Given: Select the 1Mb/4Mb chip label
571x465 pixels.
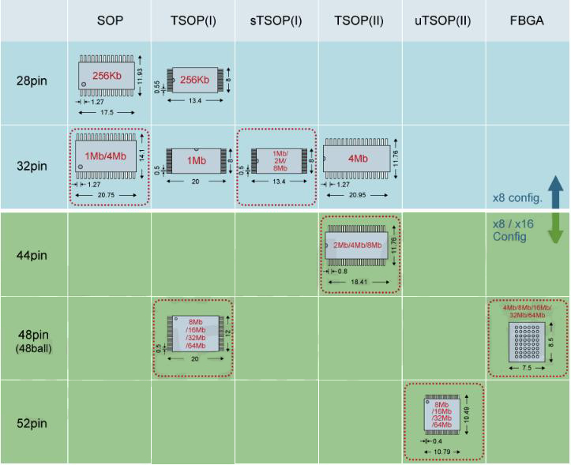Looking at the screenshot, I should [105, 156].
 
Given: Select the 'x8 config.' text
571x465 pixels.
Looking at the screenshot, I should [515, 197].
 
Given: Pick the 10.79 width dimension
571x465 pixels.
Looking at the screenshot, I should [442, 452].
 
